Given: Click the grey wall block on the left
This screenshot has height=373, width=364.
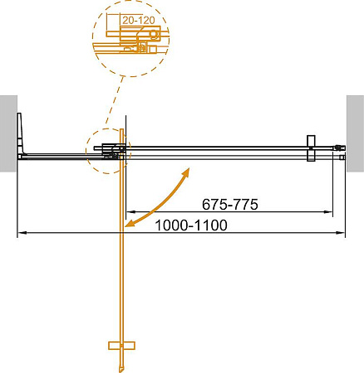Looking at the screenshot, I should (x=7, y=133).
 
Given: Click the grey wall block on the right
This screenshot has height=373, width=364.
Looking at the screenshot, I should (x=355, y=133).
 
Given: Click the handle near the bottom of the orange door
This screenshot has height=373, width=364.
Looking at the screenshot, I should (x=122, y=344).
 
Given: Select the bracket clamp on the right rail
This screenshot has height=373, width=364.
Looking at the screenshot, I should (x=311, y=149).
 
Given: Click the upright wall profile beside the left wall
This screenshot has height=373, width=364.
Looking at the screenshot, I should (x=23, y=133).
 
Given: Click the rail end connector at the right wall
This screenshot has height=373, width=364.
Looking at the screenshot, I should (x=339, y=152).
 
